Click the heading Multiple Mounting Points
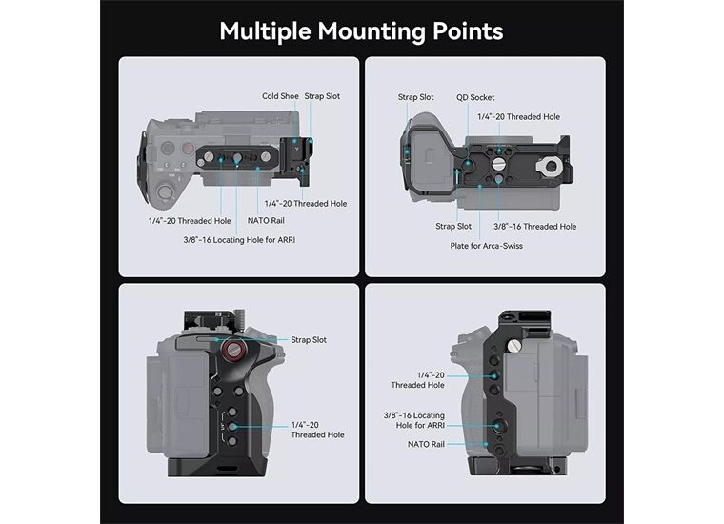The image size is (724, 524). click(x=361, y=31)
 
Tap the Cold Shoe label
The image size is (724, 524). click(x=280, y=96)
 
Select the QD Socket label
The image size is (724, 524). click(x=475, y=98)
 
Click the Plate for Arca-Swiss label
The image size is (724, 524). click(x=486, y=246)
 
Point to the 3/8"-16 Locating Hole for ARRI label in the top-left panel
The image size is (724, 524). click(x=239, y=240)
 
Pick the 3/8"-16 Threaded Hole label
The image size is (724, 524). click(x=534, y=227)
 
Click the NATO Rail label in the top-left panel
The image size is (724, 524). click(x=266, y=221)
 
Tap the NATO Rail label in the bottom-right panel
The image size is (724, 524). click(x=426, y=444)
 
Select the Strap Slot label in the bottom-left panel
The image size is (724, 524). click(x=309, y=340)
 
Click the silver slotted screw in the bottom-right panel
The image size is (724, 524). click(x=513, y=346)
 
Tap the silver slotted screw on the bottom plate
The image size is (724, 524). click(x=498, y=164)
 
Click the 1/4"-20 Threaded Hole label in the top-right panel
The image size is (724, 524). click(x=518, y=117)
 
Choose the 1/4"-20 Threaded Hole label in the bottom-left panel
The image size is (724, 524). click(x=317, y=430)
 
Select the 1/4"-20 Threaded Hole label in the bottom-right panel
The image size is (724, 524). click(x=417, y=380)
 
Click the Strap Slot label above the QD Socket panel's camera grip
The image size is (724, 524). click(x=415, y=97)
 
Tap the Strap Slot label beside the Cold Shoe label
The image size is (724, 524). click(x=322, y=96)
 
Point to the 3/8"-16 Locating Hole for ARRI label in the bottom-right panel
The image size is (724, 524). click(x=414, y=420)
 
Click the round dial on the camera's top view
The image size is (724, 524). click(x=165, y=191)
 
